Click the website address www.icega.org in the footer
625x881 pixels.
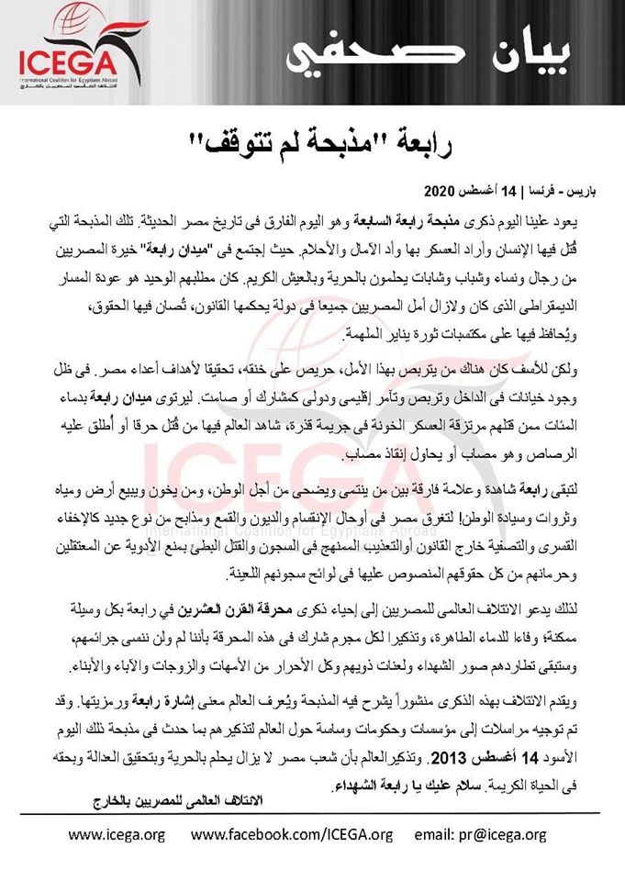[x=117, y=834]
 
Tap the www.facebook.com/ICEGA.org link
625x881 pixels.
[x=291, y=834]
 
